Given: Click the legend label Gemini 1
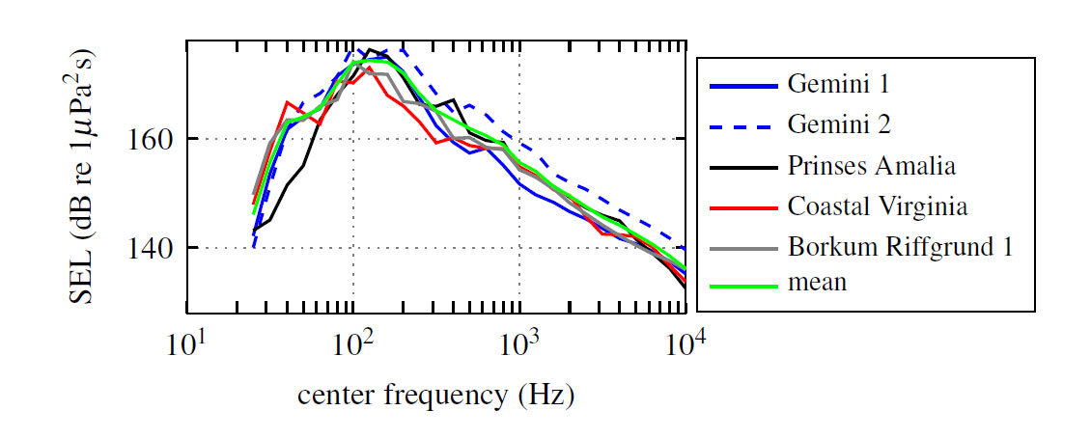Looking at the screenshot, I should [x=837, y=84].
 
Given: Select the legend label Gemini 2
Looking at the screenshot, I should [x=838, y=125].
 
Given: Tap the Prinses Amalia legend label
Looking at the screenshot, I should [x=871, y=166].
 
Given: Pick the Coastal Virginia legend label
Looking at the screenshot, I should [x=877, y=207].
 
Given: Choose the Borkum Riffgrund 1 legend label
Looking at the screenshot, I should [x=900, y=248].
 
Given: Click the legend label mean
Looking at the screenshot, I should [x=817, y=283].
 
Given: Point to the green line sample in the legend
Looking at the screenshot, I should [x=743, y=286].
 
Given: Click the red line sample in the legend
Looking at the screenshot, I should [x=743, y=208].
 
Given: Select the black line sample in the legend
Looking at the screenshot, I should [x=743, y=168].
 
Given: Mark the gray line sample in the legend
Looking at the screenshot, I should [x=743, y=249].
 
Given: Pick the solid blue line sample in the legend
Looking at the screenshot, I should [x=743, y=87].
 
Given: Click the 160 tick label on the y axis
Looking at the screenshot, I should [x=150, y=140].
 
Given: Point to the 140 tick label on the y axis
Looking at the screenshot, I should [x=150, y=249].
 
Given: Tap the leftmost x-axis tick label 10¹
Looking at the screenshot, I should [x=185, y=343].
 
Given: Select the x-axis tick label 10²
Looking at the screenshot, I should [x=352, y=343].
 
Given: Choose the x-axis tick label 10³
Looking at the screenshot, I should [x=518, y=343].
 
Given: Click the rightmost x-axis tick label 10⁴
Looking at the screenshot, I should [x=685, y=343].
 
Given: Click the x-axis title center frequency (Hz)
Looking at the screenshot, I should [x=435, y=396].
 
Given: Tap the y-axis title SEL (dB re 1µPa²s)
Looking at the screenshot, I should [x=81, y=176].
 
